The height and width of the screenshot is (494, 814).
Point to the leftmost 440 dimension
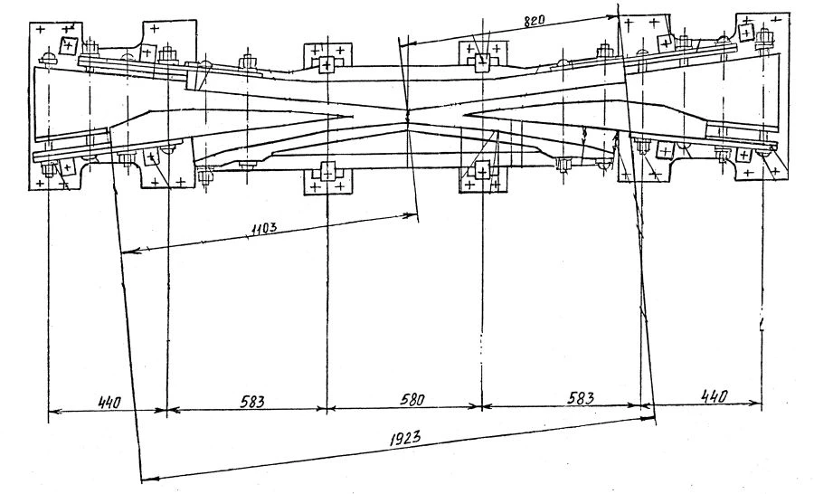107,399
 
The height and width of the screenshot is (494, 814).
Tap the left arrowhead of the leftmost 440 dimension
50,411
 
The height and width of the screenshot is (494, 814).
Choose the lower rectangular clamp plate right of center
481,176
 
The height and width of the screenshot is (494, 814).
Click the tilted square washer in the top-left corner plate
69,43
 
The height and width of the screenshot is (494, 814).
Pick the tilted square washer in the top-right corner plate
745,31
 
